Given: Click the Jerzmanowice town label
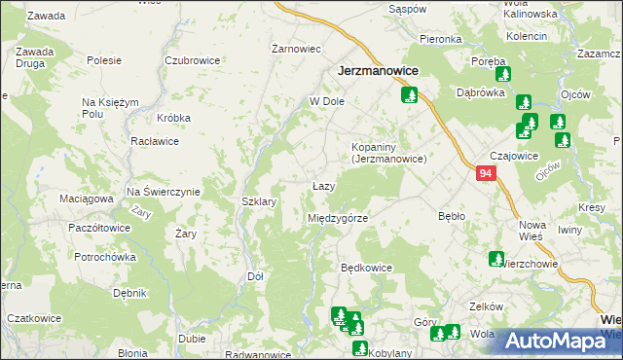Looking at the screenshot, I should [x=379, y=71].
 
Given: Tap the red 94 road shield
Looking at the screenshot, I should [x=488, y=173].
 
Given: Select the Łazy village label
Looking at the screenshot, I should [x=324, y=186].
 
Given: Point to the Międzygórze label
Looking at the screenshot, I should [x=338, y=218].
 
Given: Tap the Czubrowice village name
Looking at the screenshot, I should [x=192, y=59].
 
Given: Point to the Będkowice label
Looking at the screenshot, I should [x=366, y=267].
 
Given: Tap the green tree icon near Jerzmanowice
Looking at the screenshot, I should [x=409, y=95].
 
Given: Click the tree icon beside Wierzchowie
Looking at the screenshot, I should [x=495, y=259].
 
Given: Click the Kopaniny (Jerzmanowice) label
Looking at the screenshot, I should [x=389, y=152].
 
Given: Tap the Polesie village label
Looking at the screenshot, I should [x=103, y=59].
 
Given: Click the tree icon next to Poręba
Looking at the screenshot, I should [x=502, y=73].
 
